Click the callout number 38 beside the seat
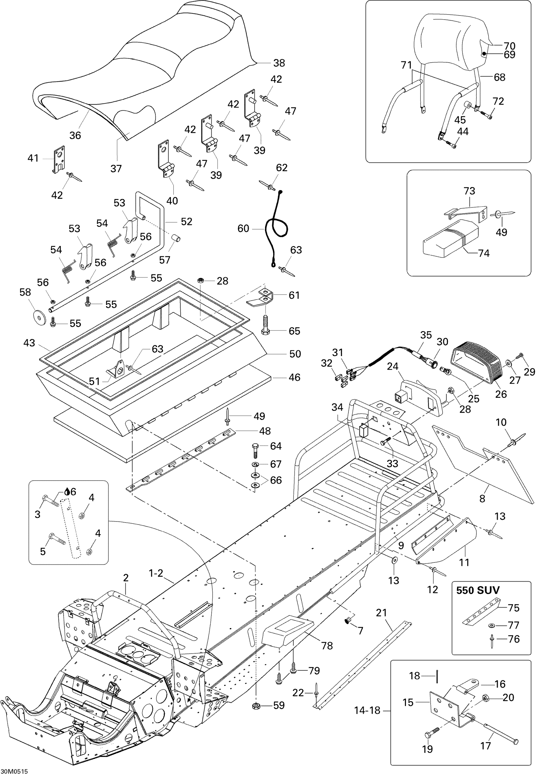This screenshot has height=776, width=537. click(279, 63)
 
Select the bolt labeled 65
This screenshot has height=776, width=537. click(265, 325)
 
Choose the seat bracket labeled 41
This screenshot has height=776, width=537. click(58, 159)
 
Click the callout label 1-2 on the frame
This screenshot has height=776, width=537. click(156, 573)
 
